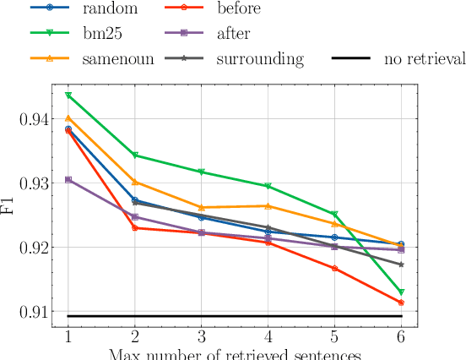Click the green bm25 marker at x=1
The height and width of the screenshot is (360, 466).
click(x=68, y=95)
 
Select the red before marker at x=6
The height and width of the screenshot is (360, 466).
click(x=401, y=303)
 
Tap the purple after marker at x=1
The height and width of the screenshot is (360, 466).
click(x=68, y=180)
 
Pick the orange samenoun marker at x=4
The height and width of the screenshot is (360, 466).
click(x=268, y=206)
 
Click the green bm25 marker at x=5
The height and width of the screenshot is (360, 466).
click(x=334, y=215)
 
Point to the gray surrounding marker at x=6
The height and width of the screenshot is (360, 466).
click(x=401, y=265)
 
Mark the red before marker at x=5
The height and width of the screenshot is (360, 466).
click(x=334, y=269)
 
